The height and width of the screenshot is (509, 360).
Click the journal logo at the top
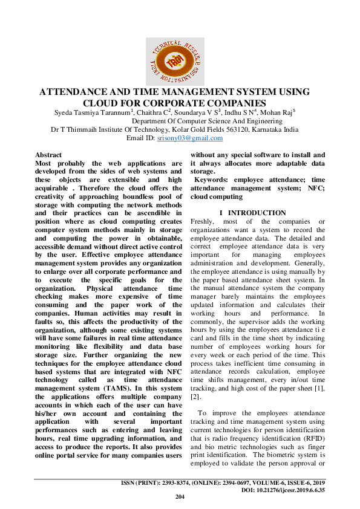(175, 61)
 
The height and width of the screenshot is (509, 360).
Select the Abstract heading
(48, 155)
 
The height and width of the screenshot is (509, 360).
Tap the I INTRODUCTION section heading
(253, 213)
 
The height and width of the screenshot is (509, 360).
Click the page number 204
(179, 496)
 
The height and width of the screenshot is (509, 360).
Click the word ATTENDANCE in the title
(79, 92)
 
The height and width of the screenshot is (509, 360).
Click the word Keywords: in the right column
(212, 180)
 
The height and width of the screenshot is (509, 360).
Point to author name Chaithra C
(153, 112)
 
